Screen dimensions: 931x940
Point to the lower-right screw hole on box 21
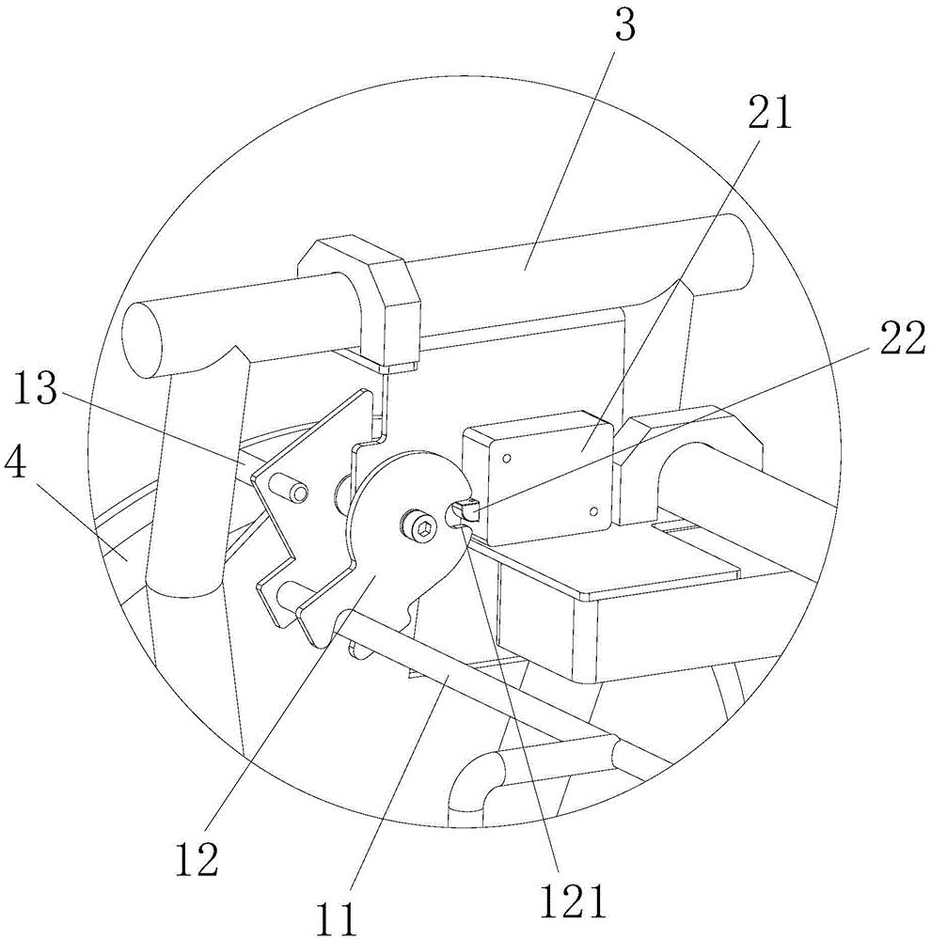coord(592,510)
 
